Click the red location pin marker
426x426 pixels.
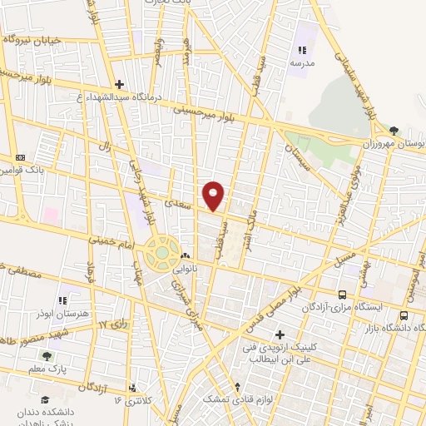click(x=214, y=196)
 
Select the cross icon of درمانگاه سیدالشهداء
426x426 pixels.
click(x=120, y=84)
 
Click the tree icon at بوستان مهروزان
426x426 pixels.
click(x=394, y=130)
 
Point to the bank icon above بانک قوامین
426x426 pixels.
click(x=20, y=156)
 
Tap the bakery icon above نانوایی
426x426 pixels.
click(x=185, y=255)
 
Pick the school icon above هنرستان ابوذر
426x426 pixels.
click(x=62, y=300)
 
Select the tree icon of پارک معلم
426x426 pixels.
click(x=46, y=355)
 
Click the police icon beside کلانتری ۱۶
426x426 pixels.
click(x=133, y=388)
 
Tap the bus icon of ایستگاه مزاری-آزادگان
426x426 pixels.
click(x=343, y=295)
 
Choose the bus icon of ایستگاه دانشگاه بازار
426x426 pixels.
click(x=404, y=316)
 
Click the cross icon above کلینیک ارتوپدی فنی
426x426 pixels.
click(x=280, y=334)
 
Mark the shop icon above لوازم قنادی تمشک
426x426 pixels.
click(x=239, y=387)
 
